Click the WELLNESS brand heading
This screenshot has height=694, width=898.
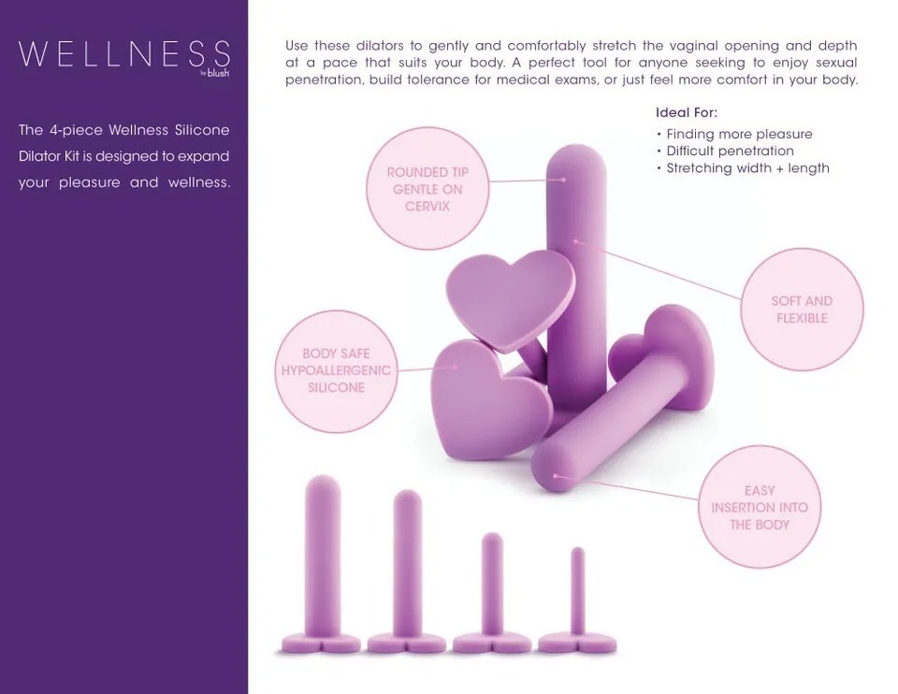(123, 53)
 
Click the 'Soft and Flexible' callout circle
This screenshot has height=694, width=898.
(802, 310)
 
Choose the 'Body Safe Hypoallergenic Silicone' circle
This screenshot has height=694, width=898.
(336, 370)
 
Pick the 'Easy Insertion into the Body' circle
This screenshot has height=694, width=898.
(760, 507)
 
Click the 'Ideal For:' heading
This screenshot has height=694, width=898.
(687, 112)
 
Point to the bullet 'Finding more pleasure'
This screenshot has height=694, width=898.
(739, 134)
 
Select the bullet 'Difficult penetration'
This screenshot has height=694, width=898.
(730, 151)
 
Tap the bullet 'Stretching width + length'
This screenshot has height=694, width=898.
(747, 168)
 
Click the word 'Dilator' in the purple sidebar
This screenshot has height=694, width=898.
(41, 156)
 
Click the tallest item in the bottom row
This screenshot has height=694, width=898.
(322, 561)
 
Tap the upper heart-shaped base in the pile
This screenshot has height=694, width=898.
(510, 297)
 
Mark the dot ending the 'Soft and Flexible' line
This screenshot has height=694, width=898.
(576, 241)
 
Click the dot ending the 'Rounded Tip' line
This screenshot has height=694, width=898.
(563, 179)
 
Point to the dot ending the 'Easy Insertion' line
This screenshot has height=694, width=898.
(556, 476)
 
